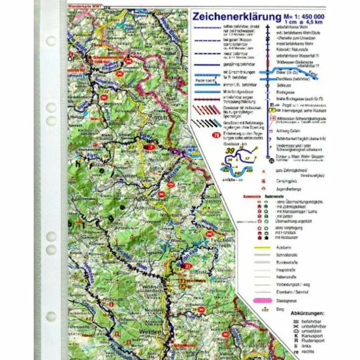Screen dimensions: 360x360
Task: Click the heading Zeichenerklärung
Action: [x=236, y=17]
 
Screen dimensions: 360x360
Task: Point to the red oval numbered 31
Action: [x=187, y=266]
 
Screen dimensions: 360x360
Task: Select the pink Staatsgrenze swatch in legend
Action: [x=264, y=301]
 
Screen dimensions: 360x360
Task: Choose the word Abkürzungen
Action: [x=307, y=313]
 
